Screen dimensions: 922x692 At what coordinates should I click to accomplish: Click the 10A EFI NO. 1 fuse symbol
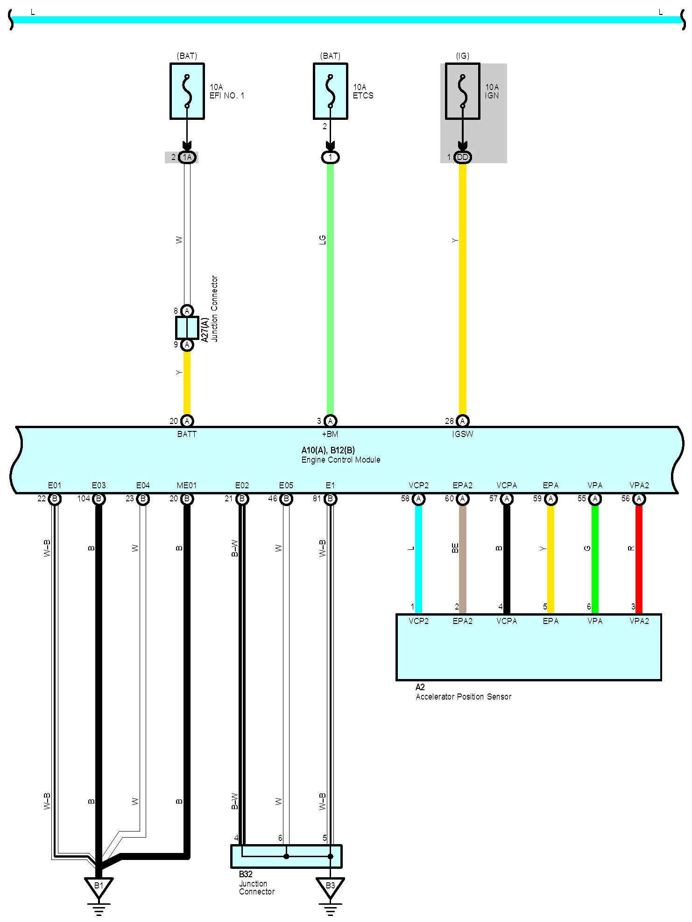(187, 91)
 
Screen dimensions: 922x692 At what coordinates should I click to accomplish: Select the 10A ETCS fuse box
(330, 91)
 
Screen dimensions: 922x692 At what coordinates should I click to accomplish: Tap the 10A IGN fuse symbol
(462, 91)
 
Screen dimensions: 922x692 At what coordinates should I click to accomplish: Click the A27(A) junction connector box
(187, 328)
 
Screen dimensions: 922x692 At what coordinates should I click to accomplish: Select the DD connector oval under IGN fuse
(462, 157)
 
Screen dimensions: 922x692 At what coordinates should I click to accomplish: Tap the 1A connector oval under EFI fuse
(187, 157)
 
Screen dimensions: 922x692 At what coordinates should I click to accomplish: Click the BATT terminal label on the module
(187, 434)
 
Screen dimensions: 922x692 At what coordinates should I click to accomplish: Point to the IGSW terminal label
(462, 434)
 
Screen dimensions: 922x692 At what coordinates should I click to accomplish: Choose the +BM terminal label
(330, 434)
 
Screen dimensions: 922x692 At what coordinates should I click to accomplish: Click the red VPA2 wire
(639, 560)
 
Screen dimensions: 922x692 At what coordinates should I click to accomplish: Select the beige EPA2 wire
(462, 560)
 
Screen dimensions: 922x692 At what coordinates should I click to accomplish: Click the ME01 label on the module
(187, 485)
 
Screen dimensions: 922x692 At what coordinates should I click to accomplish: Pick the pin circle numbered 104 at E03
(99, 499)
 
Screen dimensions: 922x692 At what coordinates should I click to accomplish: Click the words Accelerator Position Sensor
(463, 697)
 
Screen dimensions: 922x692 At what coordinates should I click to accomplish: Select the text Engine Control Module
(341, 460)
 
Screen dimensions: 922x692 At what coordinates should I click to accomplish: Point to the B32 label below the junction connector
(246, 874)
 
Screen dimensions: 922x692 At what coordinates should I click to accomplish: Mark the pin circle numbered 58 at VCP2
(418, 499)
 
